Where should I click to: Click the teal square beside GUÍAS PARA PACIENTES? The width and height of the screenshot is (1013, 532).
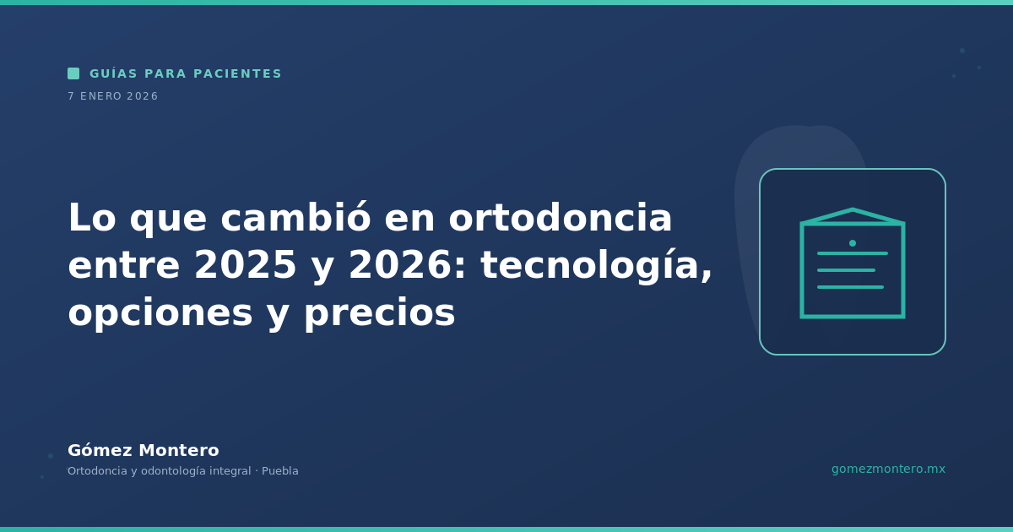point(73,73)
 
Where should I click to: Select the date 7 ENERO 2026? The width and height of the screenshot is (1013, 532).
point(113,96)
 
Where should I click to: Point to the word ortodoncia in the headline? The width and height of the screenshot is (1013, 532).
point(561,218)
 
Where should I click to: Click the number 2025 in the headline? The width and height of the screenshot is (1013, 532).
point(245,265)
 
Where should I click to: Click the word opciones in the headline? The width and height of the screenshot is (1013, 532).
point(160,313)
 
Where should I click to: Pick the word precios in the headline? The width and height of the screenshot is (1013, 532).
point(380,313)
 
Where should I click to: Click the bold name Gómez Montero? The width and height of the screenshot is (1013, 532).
point(144,450)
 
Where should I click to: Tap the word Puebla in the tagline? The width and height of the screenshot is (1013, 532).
point(280,471)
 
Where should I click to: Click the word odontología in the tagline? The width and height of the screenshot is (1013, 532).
point(174,471)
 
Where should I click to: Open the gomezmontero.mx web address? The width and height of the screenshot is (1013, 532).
point(888,470)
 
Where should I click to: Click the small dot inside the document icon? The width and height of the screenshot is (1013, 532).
point(853,243)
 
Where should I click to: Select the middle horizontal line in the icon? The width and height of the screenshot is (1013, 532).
point(846,270)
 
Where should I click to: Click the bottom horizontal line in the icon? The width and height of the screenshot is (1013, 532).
point(850,287)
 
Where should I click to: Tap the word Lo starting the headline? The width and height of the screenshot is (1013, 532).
point(92,218)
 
